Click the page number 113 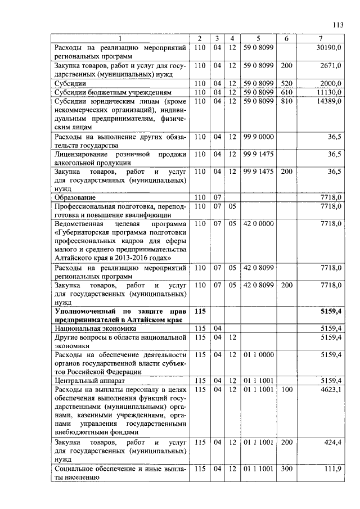point(337,25)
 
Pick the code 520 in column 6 point(286,83)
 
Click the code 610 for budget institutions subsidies point(286,92)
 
